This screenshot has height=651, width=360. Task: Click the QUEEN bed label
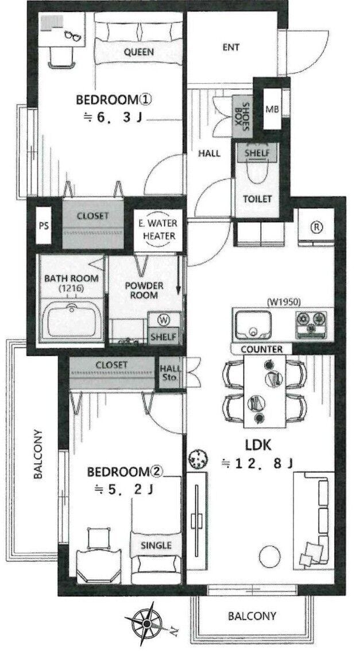(x=139, y=52)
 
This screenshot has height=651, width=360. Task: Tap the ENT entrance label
(x=231, y=47)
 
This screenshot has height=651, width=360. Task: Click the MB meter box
(x=272, y=109)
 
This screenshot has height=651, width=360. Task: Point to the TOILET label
(x=257, y=199)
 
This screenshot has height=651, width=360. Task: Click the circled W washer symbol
(x=164, y=320)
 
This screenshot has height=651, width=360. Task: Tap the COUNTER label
(x=262, y=349)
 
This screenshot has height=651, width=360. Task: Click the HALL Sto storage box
(x=171, y=373)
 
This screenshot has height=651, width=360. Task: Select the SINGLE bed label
(x=156, y=545)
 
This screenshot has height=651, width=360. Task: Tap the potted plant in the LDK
(x=198, y=460)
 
